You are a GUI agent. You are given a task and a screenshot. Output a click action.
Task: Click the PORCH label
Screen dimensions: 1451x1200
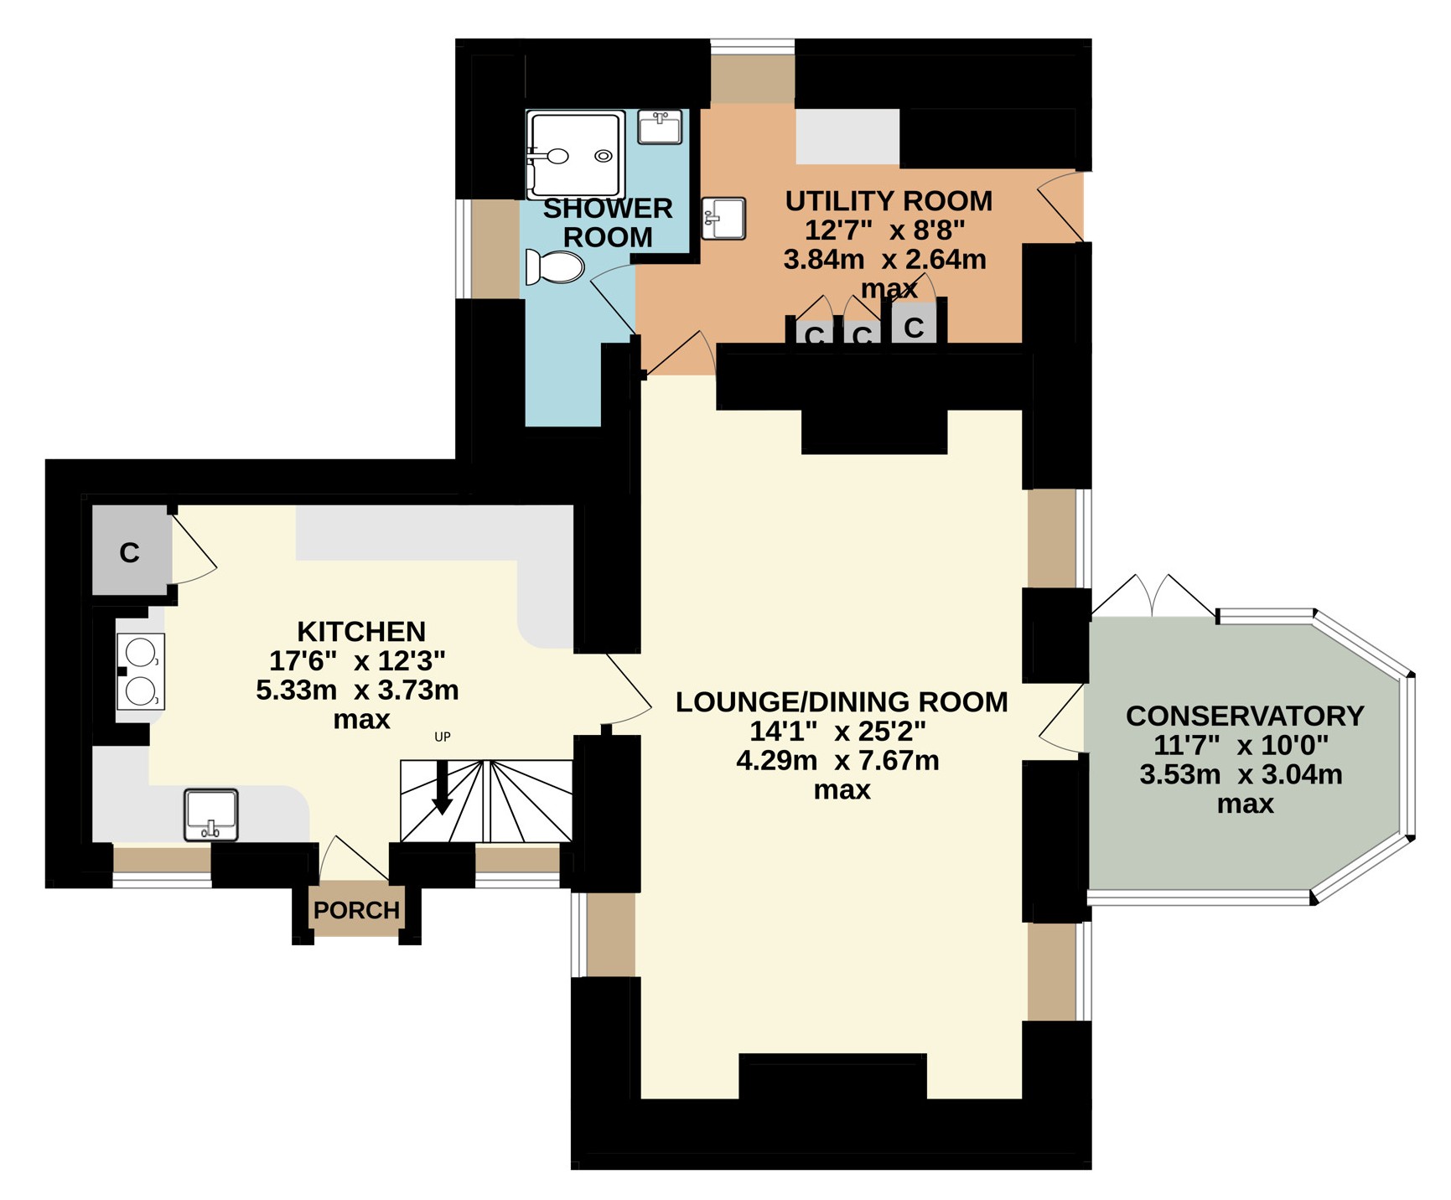pyautogui.click(x=356, y=910)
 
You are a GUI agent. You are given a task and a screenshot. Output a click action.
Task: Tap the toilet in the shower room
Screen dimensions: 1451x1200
pyautogui.click(x=555, y=267)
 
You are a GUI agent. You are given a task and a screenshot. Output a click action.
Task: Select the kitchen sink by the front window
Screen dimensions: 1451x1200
pyautogui.click(x=211, y=815)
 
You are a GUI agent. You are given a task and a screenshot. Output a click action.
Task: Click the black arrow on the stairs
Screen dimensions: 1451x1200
pyautogui.click(x=442, y=788)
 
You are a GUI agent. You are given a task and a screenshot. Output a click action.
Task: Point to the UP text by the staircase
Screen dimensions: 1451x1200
pyautogui.click(x=443, y=737)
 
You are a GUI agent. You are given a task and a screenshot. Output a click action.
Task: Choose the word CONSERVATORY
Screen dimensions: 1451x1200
pyautogui.click(x=1245, y=716)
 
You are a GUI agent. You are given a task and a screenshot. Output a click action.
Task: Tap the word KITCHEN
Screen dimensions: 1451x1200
pyautogui.click(x=361, y=631)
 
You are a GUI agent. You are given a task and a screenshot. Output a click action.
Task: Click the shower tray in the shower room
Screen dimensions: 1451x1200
pyautogui.click(x=576, y=155)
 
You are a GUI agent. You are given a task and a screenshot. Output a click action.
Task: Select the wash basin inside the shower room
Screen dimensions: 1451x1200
pyautogui.click(x=660, y=127)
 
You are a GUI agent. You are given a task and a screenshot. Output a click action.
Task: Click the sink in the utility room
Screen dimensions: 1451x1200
pyautogui.click(x=723, y=218)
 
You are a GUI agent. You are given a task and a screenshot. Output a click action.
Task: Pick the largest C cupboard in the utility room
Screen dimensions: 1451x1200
pyautogui.click(x=915, y=322)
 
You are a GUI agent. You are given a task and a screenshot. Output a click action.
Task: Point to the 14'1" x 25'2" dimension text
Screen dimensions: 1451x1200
pyautogui.click(x=837, y=732)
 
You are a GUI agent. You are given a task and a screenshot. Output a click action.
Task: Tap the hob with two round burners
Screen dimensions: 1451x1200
pyautogui.click(x=141, y=672)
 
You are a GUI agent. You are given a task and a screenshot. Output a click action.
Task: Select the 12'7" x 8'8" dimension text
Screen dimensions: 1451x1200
pyautogui.click(x=885, y=230)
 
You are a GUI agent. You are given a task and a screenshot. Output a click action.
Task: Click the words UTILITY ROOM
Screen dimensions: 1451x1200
pyautogui.click(x=889, y=201)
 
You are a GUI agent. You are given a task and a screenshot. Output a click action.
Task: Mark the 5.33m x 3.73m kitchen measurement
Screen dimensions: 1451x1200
pyautogui.click(x=357, y=691)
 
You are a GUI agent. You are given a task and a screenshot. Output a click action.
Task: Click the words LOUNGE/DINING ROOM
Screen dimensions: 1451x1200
pyautogui.click(x=842, y=702)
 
